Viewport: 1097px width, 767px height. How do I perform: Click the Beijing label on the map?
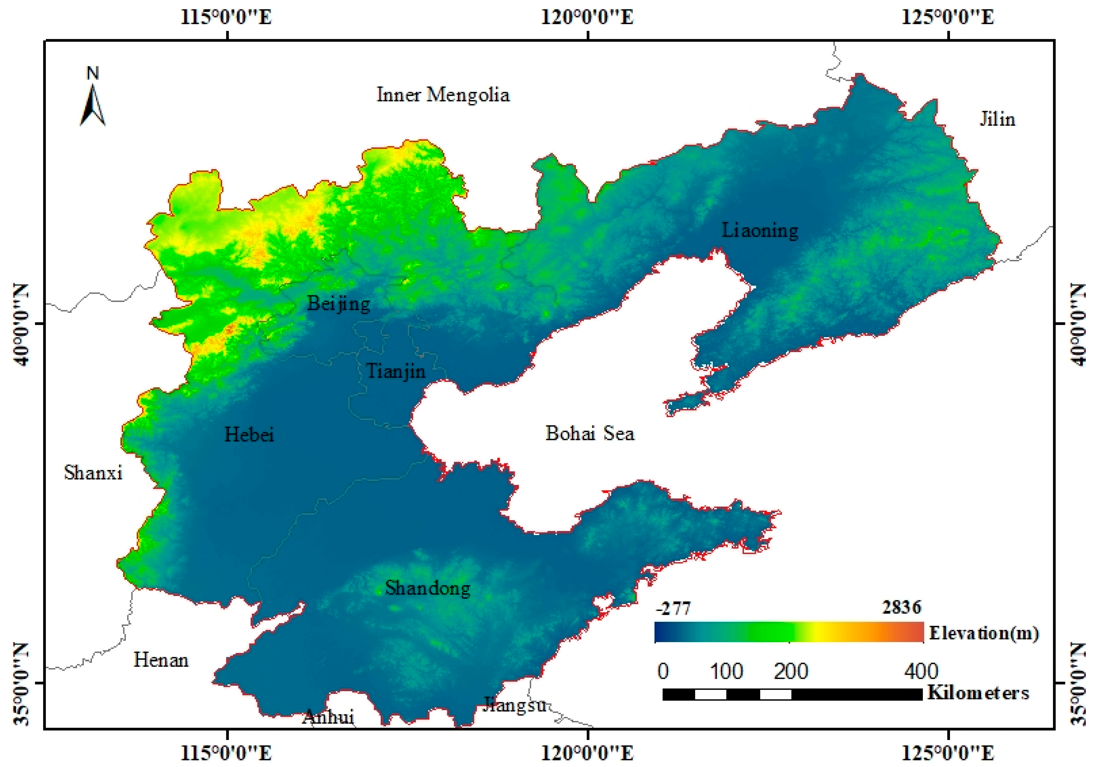pos(338,303)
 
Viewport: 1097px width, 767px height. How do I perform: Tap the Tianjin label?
pos(396,371)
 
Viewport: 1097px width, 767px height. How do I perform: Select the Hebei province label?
pos(249,434)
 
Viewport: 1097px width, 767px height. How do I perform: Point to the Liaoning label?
pos(760,230)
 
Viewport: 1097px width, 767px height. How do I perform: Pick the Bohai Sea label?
pos(590,434)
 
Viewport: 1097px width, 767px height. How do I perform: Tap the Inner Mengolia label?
pos(443,95)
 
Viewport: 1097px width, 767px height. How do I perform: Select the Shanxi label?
pos(93,473)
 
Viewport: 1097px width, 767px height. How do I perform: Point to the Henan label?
pos(161,660)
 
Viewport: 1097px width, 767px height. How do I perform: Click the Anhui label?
pos(328,717)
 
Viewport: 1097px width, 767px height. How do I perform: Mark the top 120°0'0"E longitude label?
pos(587,18)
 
